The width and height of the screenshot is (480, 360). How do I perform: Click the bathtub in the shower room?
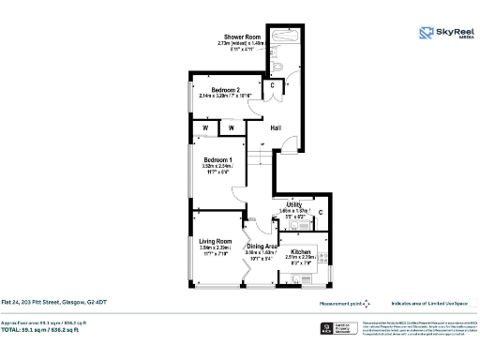point(282,42)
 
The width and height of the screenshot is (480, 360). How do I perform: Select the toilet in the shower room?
point(279,67)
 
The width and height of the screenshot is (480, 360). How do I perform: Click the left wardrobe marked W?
point(204,127)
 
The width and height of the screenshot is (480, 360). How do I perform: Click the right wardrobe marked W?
point(230,127)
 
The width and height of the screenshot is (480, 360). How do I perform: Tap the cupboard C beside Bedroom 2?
point(272,86)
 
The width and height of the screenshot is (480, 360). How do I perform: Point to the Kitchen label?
point(301,253)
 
